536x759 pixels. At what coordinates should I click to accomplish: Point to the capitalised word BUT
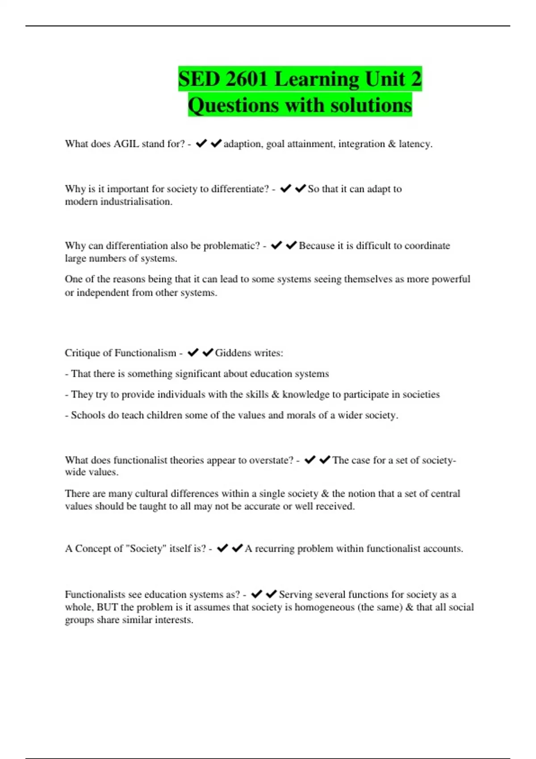click(107, 607)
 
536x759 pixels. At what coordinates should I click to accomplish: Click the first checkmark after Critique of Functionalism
click(193, 353)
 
